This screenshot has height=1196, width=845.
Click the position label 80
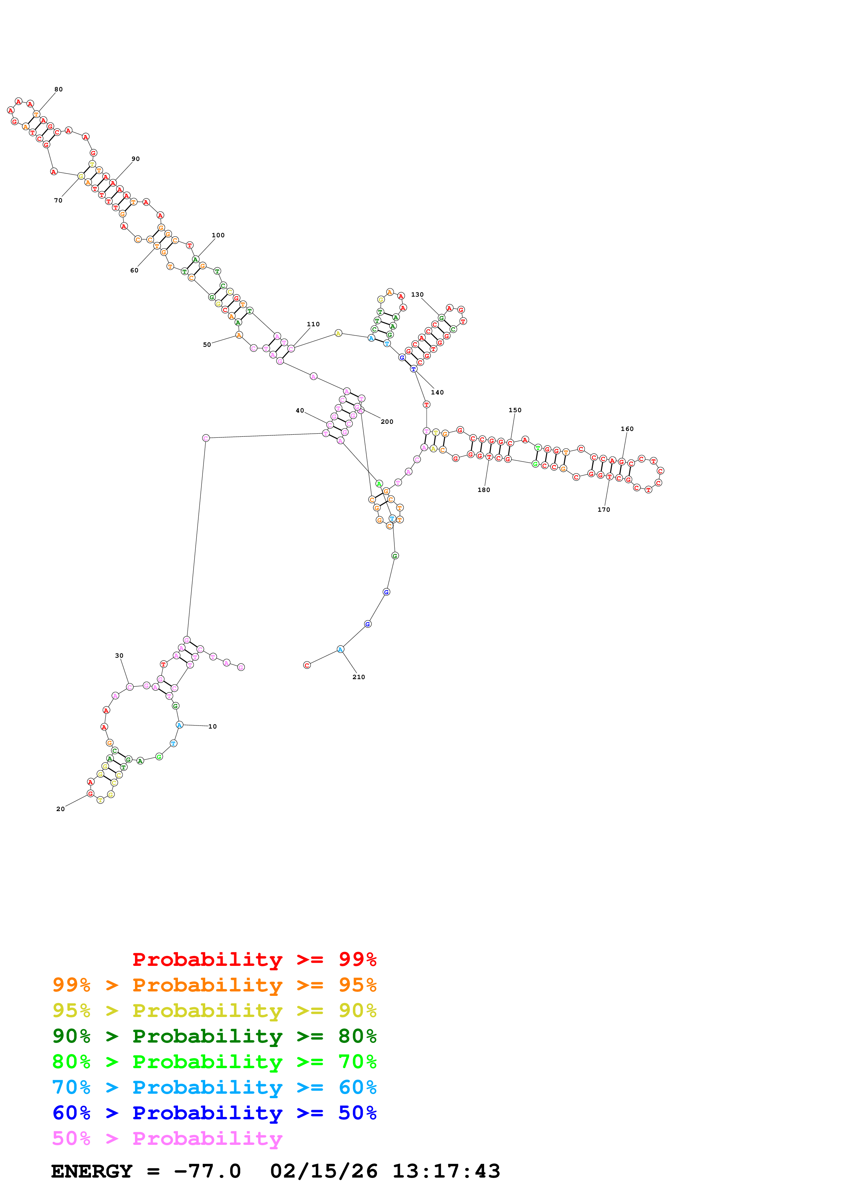pyautogui.click(x=58, y=90)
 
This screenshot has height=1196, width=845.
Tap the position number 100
pyautogui.click(x=218, y=236)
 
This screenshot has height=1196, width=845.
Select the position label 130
pyautogui.click(x=417, y=295)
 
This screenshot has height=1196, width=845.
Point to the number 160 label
pyautogui.click(x=627, y=429)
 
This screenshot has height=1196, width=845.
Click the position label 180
pyautogui.click(x=484, y=490)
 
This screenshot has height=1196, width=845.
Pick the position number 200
pyautogui.click(x=387, y=422)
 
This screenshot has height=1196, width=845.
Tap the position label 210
pyautogui.click(x=359, y=677)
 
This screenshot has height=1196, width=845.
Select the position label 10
pyautogui.click(x=212, y=727)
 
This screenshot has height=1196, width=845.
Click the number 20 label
pyautogui.click(x=60, y=809)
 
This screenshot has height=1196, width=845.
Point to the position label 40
pyautogui.click(x=300, y=411)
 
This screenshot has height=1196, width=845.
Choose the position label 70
pyautogui.click(x=58, y=200)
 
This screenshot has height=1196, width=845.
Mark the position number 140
pyautogui.click(x=437, y=393)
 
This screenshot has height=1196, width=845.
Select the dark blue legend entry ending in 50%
pyautogui.click(x=214, y=1113)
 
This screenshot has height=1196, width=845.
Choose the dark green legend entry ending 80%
pyautogui.click(x=214, y=1036)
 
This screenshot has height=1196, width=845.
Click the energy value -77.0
pyautogui.click(x=207, y=1171)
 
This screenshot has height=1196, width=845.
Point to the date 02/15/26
pyautogui.click(x=323, y=1171)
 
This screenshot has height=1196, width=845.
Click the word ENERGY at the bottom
pyautogui.click(x=92, y=1171)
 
